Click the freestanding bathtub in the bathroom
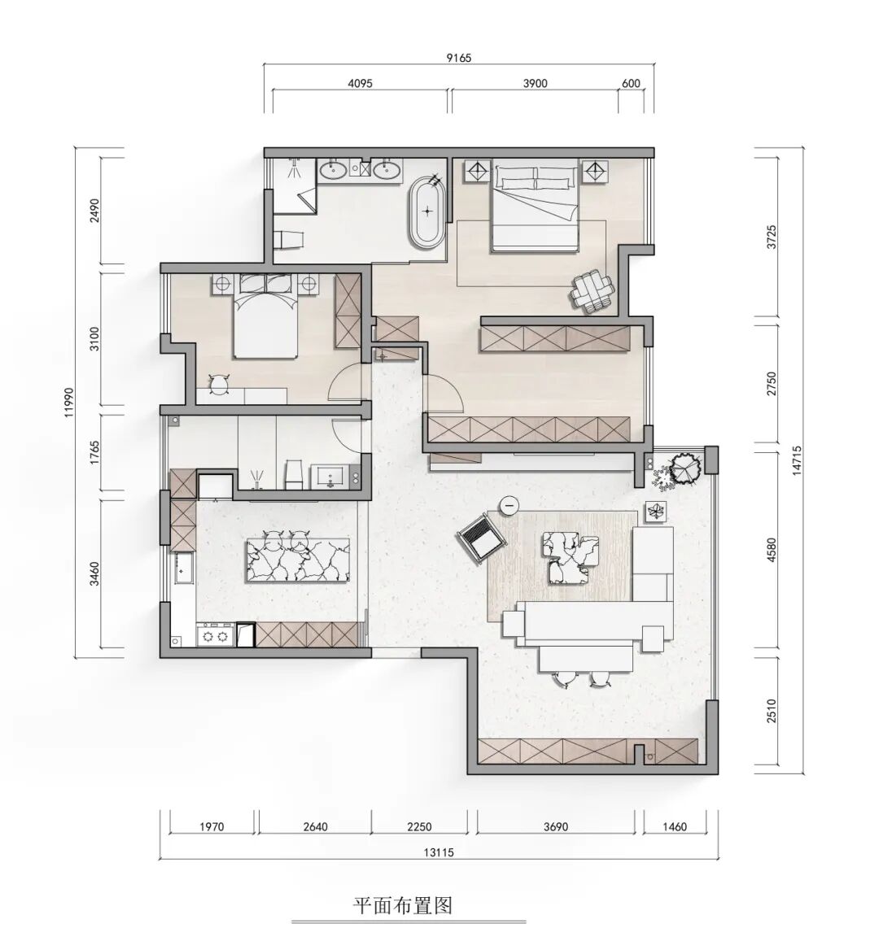pyautogui.click(x=427, y=211)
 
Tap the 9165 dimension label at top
pyautogui.click(x=459, y=58)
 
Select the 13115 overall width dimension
pyautogui.click(x=439, y=852)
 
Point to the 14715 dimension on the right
pyautogui.click(x=797, y=460)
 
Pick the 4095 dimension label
pyautogui.click(x=360, y=83)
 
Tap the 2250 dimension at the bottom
pyautogui.click(x=419, y=826)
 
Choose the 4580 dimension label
pyautogui.click(x=771, y=550)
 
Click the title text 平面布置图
pyautogui.click(x=403, y=905)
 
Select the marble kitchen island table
pyautogui.click(x=297, y=560)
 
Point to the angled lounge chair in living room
pyautogui.click(x=482, y=536)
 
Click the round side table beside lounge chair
pyautogui.click(x=509, y=505)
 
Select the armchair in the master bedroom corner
pyautogui.click(x=592, y=290)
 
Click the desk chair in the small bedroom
pyautogui.click(x=220, y=384)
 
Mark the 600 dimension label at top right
pyautogui.click(x=631, y=83)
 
